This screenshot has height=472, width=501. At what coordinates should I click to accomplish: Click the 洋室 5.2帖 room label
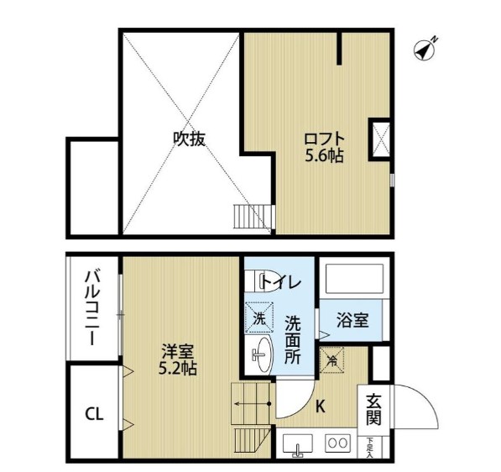(179, 360)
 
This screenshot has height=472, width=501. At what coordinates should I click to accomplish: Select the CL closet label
(94, 413)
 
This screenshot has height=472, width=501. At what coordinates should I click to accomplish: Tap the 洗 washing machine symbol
(258, 318)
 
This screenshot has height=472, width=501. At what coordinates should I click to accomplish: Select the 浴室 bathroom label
(352, 320)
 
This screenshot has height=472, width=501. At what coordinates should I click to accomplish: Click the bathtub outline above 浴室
(352, 280)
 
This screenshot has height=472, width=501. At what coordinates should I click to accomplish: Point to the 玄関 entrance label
(372, 409)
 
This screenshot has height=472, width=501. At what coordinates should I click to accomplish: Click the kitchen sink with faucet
(297, 445)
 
